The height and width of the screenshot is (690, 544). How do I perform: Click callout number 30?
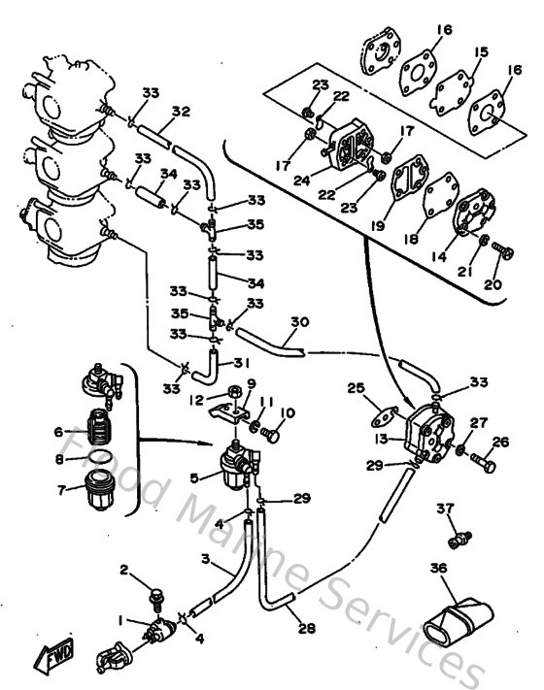click(x=299, y=322)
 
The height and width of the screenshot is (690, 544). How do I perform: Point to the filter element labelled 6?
click(x=97, y=426)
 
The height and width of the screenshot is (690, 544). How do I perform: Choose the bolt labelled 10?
click(x=272, y=437)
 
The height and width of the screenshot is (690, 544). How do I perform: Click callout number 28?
click(x=307, y=627)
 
